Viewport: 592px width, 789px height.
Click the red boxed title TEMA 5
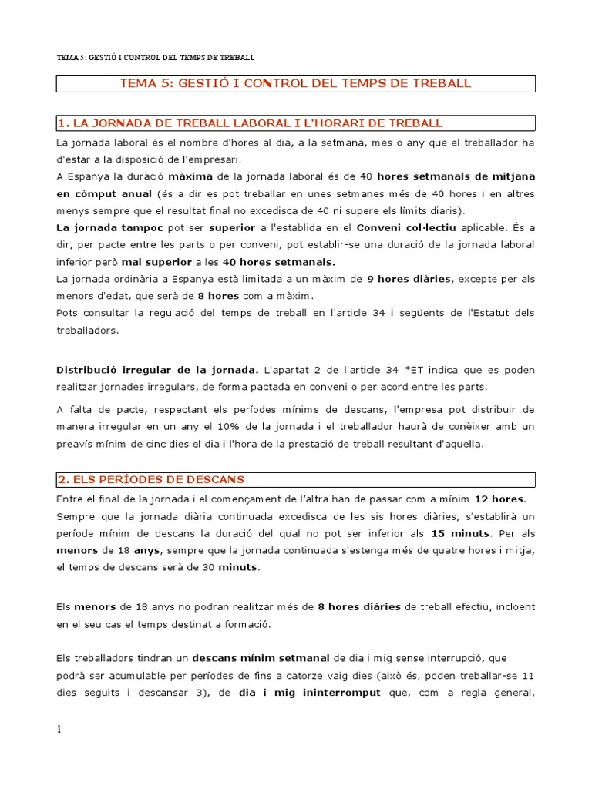tap(296, 83)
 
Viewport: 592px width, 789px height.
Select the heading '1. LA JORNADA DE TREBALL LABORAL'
tap(251, 123)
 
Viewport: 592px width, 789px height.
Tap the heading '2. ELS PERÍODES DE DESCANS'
tap(151, 479)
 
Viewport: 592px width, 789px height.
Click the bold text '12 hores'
tap(499, 499)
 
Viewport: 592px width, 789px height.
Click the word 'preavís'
tap(76, 444)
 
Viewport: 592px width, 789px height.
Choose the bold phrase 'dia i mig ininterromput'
tap(309, 693)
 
